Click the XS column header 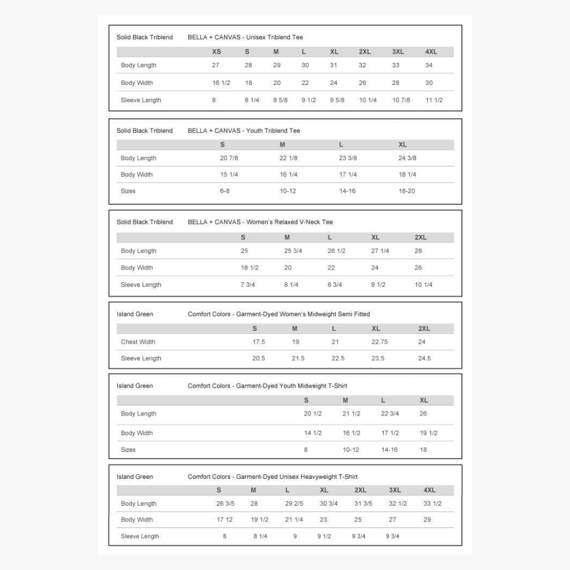(x=216, y=52)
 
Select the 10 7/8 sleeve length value (x=401, y=100)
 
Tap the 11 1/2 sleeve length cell (x=434, y=100)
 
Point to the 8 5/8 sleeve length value (x=280, y=100)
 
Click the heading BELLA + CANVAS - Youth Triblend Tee (x=244, y=131)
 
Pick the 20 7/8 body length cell (x=229, y=158)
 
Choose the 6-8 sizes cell (x=225, y=191)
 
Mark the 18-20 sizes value (x=407, y=191)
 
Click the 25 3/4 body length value (x=293, y=251)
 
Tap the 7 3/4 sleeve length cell (x=248, y=285)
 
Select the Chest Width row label (x=138, y=342)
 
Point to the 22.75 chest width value (x=379, y=342)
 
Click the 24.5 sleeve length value (x=424, y=358)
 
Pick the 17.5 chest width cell (x=259, y=342)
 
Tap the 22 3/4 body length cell (x=389, y=414)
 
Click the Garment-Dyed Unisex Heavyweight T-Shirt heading (x=272, y=477)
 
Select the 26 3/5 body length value (x=225, y=504)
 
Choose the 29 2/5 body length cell (x=294, y=504)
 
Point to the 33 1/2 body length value (x=432, y=504)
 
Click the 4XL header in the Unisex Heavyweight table (x=429, y=490)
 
